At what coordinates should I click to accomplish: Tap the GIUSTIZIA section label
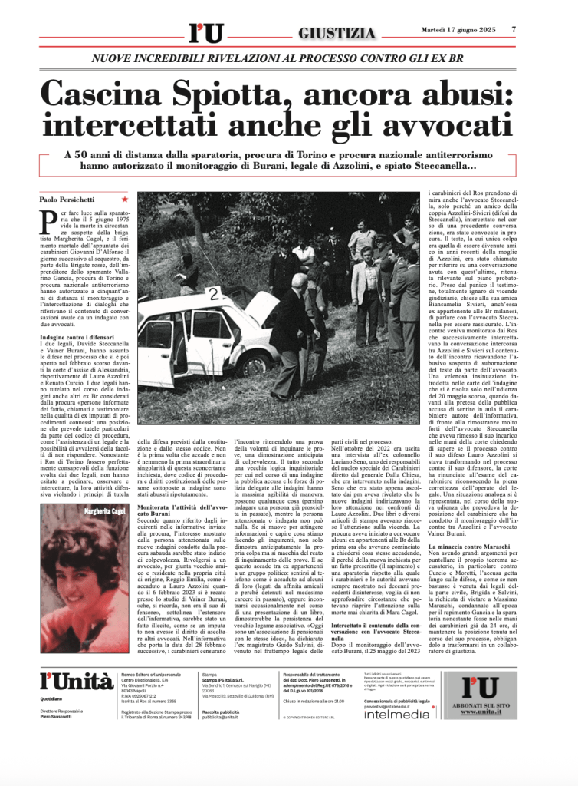click(338, 33)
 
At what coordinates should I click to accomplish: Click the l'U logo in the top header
click(205, 33)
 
